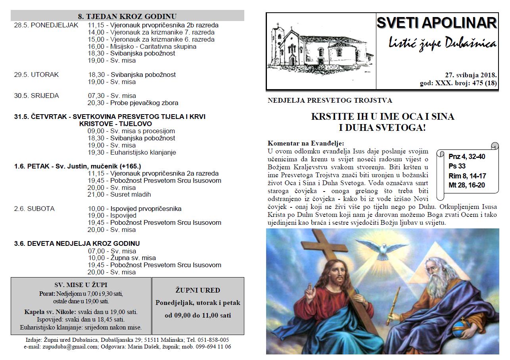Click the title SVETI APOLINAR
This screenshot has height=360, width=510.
click(x=436, y=23)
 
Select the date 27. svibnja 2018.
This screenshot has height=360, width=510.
click(x=471, y=75)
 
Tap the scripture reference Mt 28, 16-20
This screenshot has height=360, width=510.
click(x=467, y=185)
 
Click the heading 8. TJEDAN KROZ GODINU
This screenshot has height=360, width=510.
click(x=127, y=16)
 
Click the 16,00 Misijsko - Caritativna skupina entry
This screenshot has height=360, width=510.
click(x=142, y=46)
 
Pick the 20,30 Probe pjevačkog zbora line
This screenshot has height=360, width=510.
click(x=133, y=103)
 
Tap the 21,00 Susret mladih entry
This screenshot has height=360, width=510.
click(x=119, y=194)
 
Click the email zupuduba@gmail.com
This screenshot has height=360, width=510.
click(x=73, y=347)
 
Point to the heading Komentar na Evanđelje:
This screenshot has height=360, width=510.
click(x=306, y=143)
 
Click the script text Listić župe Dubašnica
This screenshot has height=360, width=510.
click(x=442, y=43)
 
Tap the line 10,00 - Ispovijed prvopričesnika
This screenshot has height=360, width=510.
click(x=134, y=209)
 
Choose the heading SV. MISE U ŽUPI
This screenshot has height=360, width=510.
click(x=81, y=285)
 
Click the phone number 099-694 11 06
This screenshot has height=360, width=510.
click(x=213, y=347)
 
